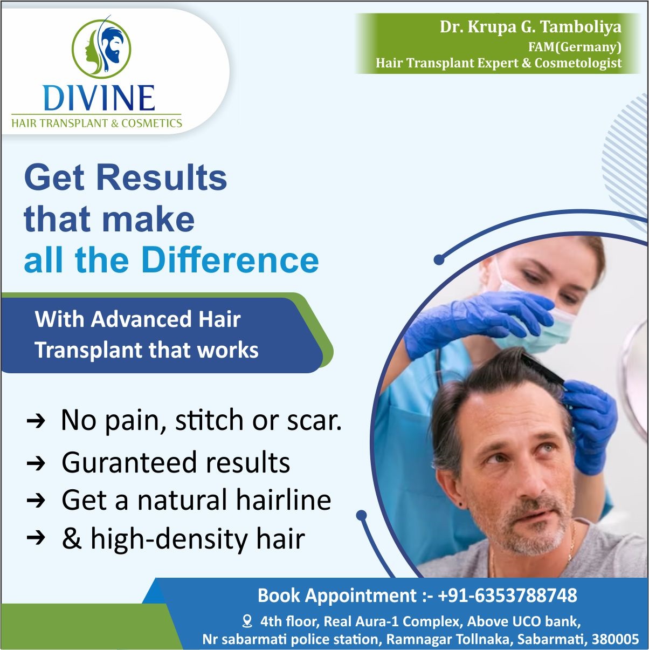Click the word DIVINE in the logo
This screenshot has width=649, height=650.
tap(99, 98)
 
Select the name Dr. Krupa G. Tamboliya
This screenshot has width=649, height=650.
tap(530, 27)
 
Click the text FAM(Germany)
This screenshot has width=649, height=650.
tap(575, 46)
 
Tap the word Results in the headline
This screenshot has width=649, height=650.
tap(162, 178)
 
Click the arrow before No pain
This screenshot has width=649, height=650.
tap(36, 421)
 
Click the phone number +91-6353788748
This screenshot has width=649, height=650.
tap(507, 596)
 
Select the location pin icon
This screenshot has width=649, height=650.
tap(247, 621)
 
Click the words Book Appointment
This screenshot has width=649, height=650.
tap(337, 596)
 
